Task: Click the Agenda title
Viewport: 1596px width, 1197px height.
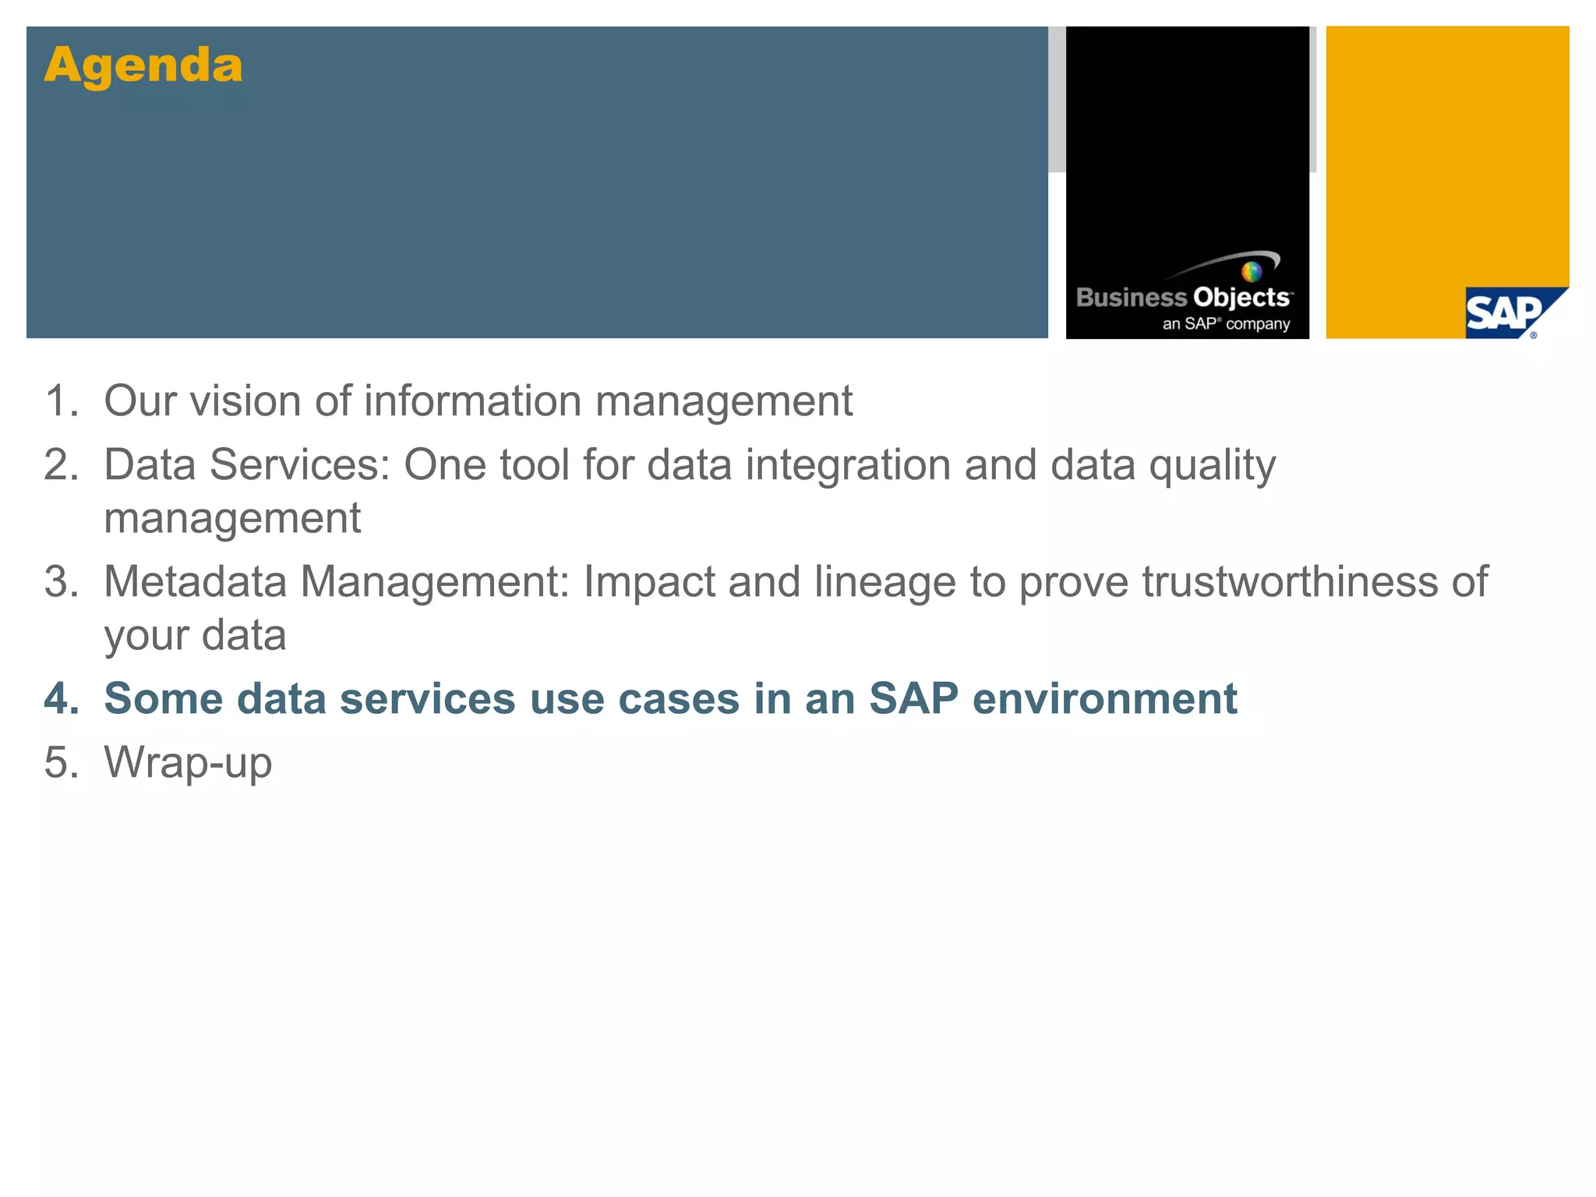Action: (143, 65)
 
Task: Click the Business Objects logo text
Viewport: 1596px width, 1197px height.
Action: (1184, 298)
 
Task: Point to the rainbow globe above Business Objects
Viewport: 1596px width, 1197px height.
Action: (1252, 272)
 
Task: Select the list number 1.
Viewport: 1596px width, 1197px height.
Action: (61, 401)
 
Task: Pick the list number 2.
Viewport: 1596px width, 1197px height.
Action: (61, 465)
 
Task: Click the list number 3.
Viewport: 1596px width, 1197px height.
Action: (61, 582)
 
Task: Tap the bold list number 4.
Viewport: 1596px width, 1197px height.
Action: (61, 698)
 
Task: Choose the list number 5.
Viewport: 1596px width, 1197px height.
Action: (61, 762)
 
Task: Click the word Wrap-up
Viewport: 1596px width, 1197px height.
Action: (188, 762)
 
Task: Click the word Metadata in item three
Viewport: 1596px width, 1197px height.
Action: (195, 582)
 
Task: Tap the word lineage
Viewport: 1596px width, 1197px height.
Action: (885, 582)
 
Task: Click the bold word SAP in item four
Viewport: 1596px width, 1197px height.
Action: (913, 698)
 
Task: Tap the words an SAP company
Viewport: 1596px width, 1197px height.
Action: (1226, 323)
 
